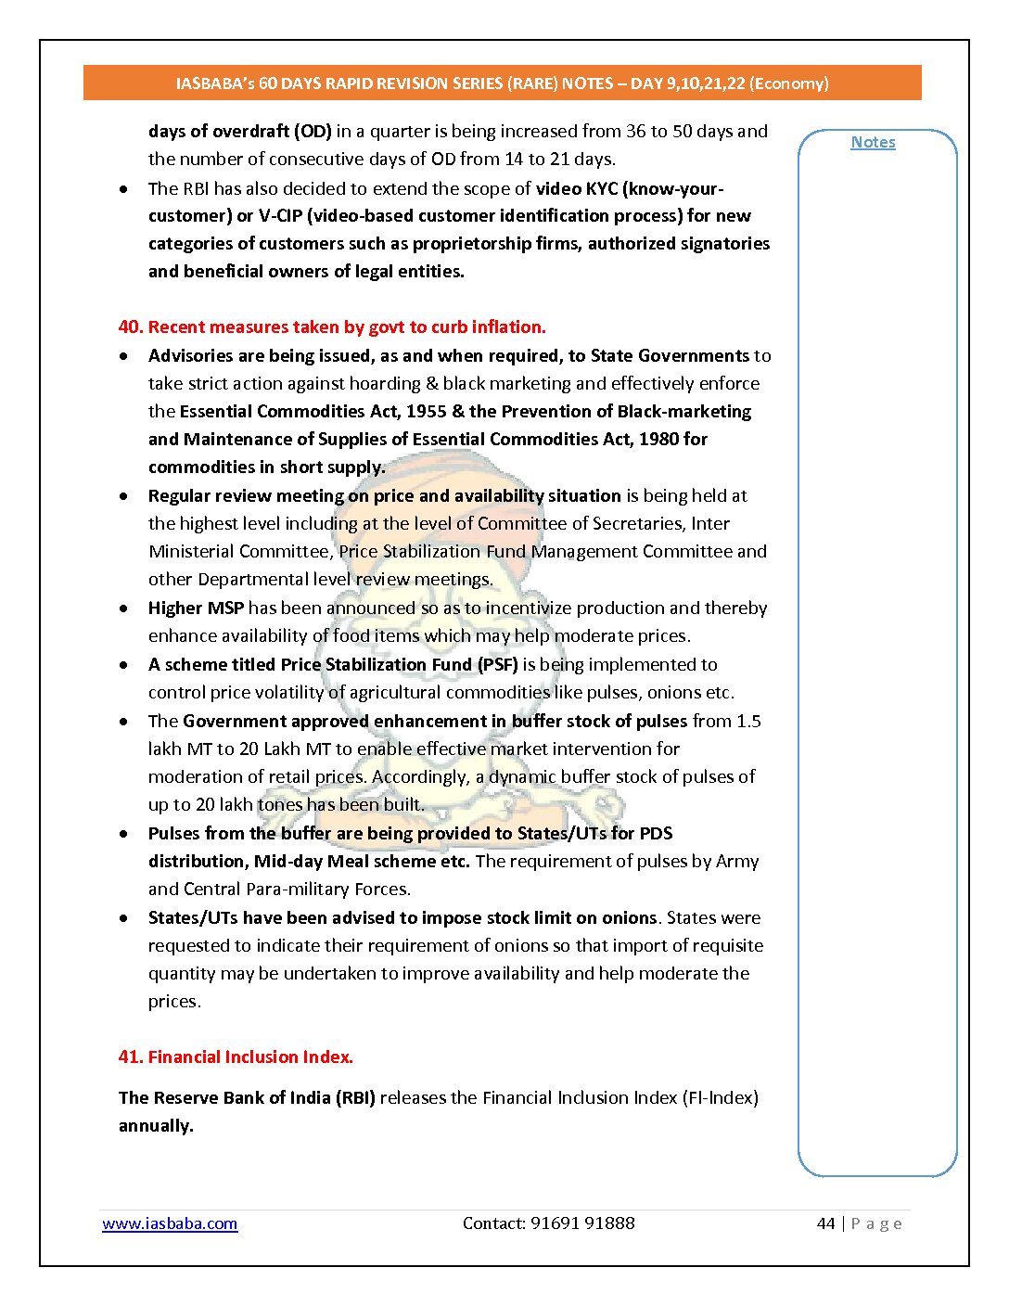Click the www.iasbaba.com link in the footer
(x=170, y=1223)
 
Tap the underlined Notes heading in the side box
(x=873, y=142)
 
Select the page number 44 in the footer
(x=825, y=1223)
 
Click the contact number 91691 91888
(x=582, y=1223)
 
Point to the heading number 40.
(x=130, y=326)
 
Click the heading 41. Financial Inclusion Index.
(x=236, y=1056)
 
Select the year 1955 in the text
(x=427, y=411)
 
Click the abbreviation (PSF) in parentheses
(x=497, y=664)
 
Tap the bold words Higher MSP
(x=196, y=608)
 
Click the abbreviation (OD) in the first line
(x=313, y=131)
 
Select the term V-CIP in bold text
(x=280, y=215)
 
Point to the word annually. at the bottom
(x=156, y=1125)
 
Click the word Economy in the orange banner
(x=788, y=83)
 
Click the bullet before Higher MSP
(x=124, y=608)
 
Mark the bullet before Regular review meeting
(x=124, y=496)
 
